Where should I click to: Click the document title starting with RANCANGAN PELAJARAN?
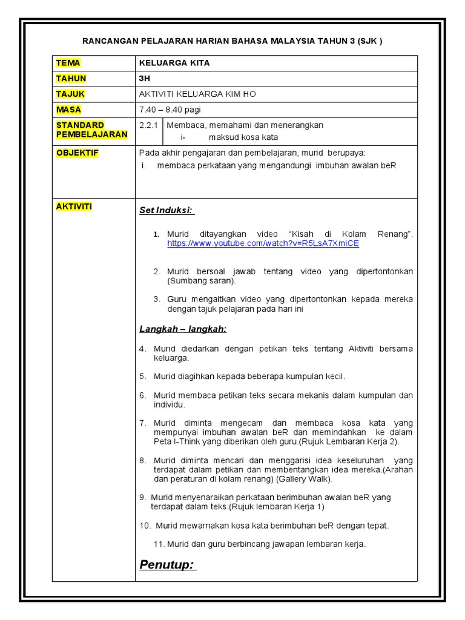pyautogui.click(x=232, y=41)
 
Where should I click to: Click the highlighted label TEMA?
pyautogui.click(x=68, y=63)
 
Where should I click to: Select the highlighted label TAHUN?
pyautogui.click(x=71, y=79)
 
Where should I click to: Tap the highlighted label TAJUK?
pyautogui.click(x=71, y=94)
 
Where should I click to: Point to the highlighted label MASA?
pyautogui.click(x=68, y=110)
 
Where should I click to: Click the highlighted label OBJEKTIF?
pyautogui.click(x=77, y=153)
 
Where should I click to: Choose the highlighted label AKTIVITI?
pyautogui.click(x=74, y=206)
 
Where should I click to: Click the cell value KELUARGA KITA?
pyautogui.click(x=174, y=63)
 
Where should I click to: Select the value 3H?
pyautogui.click(x=145, y=79)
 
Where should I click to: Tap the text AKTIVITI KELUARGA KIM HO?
pyautogui.click(x=202, y=94)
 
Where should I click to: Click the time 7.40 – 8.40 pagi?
pyautogui.click(x=170, y=110)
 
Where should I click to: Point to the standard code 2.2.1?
pyautogui.click(x=148, y=125)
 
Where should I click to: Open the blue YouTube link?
pyautogui.click(x=263, y=243)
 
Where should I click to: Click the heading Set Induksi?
pyautogui.click(x=167, y=210)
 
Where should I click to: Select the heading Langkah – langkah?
pyautogui.click(x=183, y=329)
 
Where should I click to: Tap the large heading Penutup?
pyautogui.click(x=167, y=565)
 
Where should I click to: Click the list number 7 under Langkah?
pyautogui.click(x=143, y=423)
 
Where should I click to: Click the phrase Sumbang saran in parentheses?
pyautogui.click(x=202, y=281)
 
